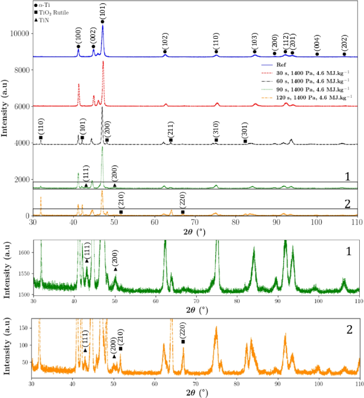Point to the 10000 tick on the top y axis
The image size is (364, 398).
point(20,33)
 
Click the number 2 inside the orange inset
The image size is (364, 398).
point(350,329)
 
